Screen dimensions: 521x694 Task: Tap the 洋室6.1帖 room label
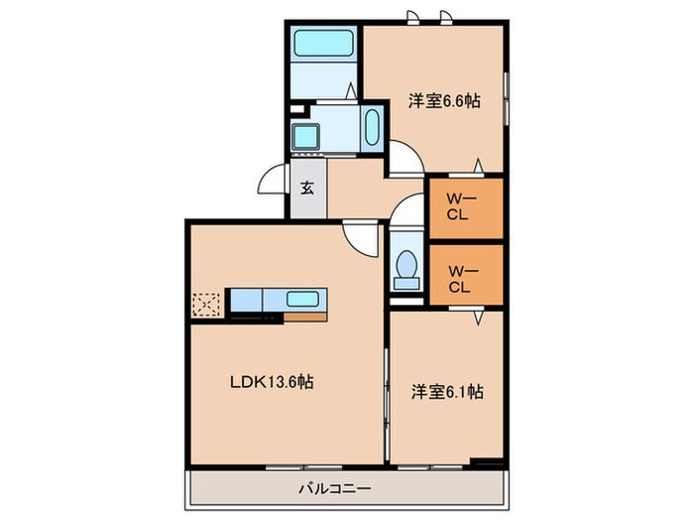click(x=447, y=392)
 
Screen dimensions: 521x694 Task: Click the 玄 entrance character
click(x=307, y=189)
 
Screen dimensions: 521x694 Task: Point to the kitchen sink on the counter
click(x=302, y=299)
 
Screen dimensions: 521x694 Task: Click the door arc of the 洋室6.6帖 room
click(x=403, y=157)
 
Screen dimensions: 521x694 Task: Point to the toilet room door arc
click(x=405, y=209)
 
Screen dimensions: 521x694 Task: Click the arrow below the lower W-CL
click(x=478, y=318)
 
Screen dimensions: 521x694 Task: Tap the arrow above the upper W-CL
click(x=478, y=164)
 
